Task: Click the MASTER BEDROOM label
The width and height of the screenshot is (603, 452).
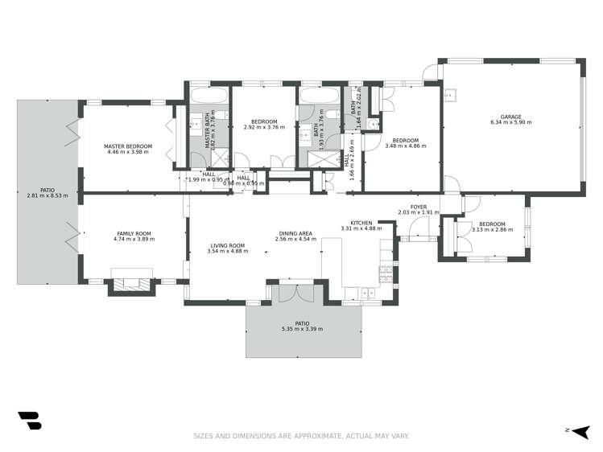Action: coord(128,146)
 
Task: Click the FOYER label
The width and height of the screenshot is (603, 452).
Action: coord(418,208)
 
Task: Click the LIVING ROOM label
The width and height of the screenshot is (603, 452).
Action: coord(228,245)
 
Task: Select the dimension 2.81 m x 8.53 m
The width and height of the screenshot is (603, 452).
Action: coord(47,195)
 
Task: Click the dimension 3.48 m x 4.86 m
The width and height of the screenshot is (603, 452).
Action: coord(405,146)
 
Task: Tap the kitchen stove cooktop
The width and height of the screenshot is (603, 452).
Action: coord(386,273)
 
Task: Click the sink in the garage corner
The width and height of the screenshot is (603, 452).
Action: coord(452,96)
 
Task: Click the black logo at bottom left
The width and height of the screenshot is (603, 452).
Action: coord(29,421)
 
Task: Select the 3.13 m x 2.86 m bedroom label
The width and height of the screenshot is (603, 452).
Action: coord(490,228)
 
